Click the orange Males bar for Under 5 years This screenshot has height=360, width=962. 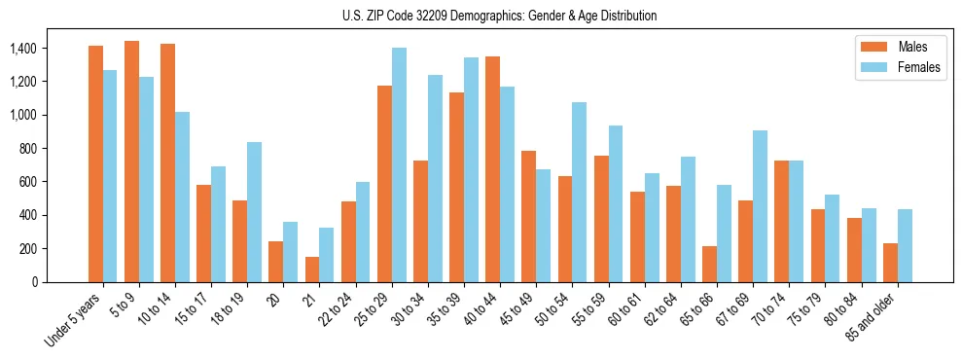click(95, 163)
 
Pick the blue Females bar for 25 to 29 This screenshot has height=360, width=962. click(399, 164)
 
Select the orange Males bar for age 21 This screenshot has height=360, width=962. click(312, 270)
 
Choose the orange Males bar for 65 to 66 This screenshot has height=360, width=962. click(710, 264)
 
